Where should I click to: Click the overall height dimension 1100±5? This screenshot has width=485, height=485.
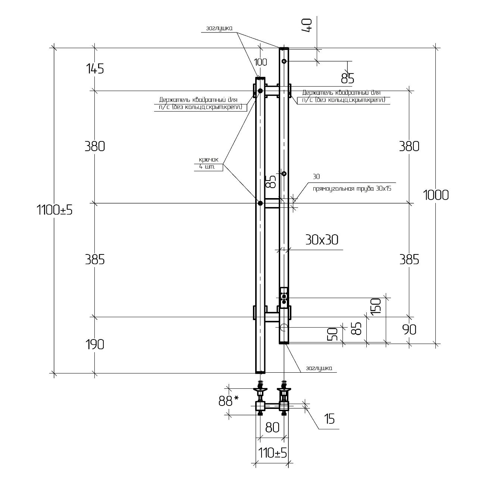tap(54, 210)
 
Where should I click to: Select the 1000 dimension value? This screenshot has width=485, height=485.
tap(436, 195)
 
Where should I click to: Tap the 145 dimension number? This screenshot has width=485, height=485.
tap(95, 69)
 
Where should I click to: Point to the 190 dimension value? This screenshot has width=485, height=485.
tap(95, 344)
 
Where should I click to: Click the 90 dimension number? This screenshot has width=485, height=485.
tap(409, 329)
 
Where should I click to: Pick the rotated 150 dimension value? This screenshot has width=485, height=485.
tap(376, 306)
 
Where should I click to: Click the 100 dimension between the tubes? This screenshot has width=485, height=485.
tap(260, 62)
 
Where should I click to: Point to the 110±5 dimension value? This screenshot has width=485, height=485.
tap(272, 453)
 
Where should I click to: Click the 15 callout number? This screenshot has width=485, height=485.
tap(329, 419)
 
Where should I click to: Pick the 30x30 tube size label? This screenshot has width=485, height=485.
tap(322, 240)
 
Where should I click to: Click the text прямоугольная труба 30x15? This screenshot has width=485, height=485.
tap(352, 188)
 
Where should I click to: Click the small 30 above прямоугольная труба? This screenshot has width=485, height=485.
tap(316, 176)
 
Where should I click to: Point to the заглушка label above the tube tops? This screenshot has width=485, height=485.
tap(219, 28)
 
